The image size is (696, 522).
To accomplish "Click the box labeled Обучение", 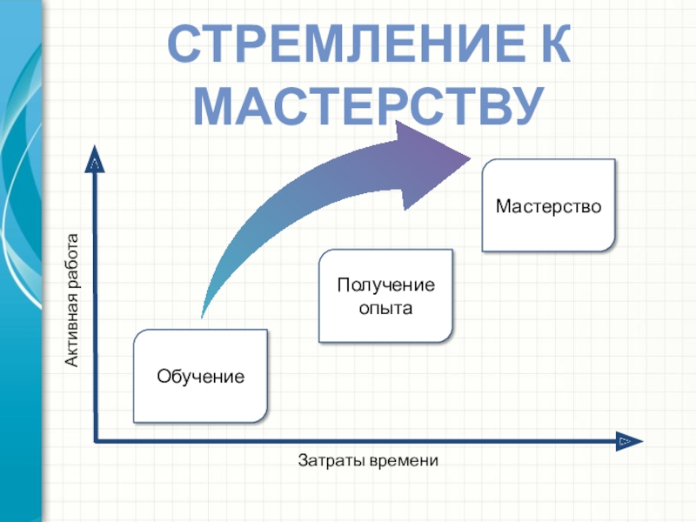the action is [x=200, y=376].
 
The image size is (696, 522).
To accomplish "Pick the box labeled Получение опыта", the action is [x=385, y=296].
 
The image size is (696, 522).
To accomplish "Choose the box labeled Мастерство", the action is [x=548, y=206].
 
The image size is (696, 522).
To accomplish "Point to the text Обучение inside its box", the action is [x=200, y=377].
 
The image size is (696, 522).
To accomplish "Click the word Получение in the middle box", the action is [x=385, y=285].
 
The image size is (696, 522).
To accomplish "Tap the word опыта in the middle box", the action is [x=385, y=307].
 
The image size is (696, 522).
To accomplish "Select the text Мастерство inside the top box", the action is [x=548, y=206].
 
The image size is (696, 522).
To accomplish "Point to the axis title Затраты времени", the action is [x=368, y=459].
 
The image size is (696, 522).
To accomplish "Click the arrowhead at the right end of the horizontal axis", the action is [x=626, y=441].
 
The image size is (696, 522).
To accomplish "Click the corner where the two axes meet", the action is [x=95, y=441].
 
